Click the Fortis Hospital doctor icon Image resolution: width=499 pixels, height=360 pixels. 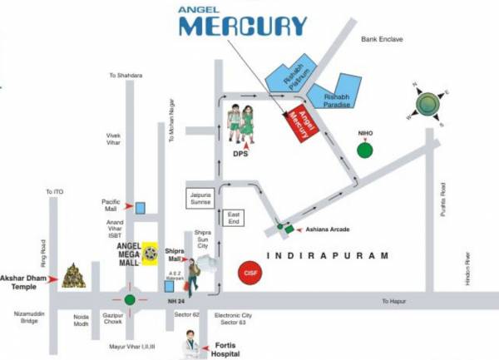(192, 341)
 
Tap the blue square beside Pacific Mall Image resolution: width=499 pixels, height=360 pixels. (141, 207)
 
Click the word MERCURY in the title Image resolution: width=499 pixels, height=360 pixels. (242, 25)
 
